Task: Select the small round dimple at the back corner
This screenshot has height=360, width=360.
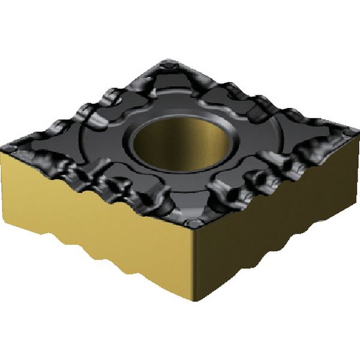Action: (172, 62)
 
